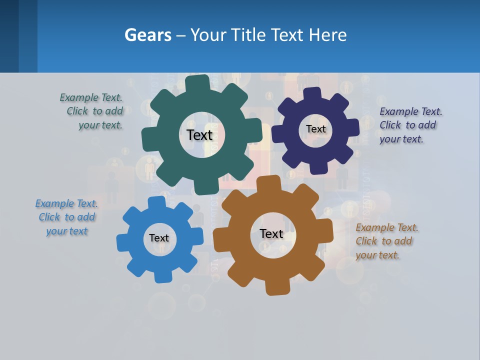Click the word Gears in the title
point(147,35)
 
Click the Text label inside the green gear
point(199,135)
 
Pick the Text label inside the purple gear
point(315,129)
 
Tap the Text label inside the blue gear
point(159,238)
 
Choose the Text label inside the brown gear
point(271,234)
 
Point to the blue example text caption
point(66,217)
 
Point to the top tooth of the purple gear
point(312,93)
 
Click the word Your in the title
point(212,35)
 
